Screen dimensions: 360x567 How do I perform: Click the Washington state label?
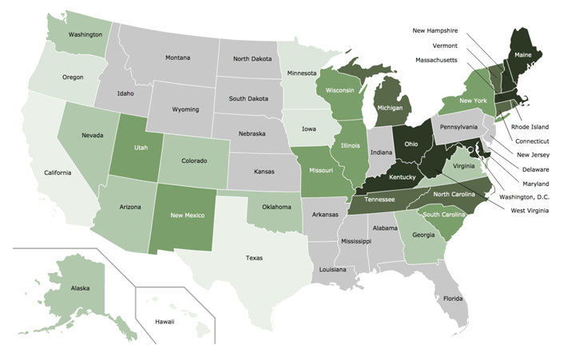[85, 35]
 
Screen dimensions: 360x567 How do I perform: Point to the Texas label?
[254, 258]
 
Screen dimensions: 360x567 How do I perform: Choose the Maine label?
[524, 55]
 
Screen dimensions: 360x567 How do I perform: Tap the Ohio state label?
[411, 144]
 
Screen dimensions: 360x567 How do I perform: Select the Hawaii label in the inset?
[165, 321]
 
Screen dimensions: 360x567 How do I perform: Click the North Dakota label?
[252, 58]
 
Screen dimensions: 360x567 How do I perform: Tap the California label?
[57, 172]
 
